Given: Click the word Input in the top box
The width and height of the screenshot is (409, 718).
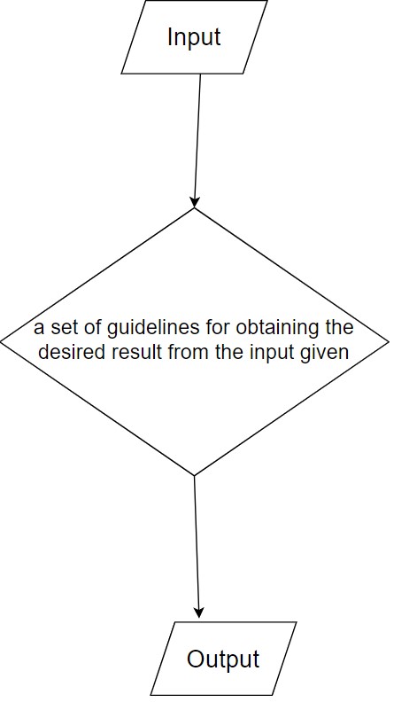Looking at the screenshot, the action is [194, 37].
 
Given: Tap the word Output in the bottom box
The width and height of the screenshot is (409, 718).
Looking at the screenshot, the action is [223, 659].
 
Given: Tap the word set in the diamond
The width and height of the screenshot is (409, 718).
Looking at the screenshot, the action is [61, 328].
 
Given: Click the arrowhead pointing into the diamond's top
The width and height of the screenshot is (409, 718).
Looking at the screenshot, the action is [195, 202].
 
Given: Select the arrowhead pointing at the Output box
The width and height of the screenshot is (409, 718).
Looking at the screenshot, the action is [198, 613].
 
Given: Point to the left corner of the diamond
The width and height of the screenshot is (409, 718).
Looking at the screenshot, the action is [1, 341].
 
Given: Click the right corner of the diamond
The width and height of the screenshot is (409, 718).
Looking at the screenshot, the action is [389, 341].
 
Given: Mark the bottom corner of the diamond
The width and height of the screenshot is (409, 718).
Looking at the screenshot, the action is [195, 475].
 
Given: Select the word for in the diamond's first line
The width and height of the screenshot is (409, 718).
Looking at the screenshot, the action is [218, 328].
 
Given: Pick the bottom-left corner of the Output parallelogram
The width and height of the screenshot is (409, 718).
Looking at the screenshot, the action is [151, 695].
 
